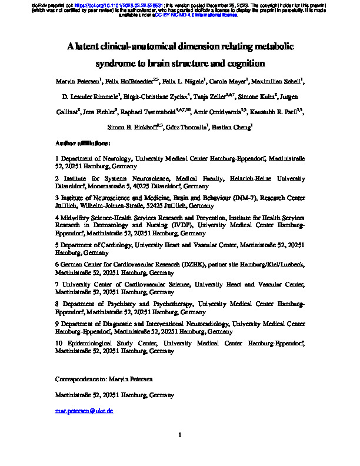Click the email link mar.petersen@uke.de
[x=84, y=411]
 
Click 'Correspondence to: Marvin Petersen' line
[x=103, y=380]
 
